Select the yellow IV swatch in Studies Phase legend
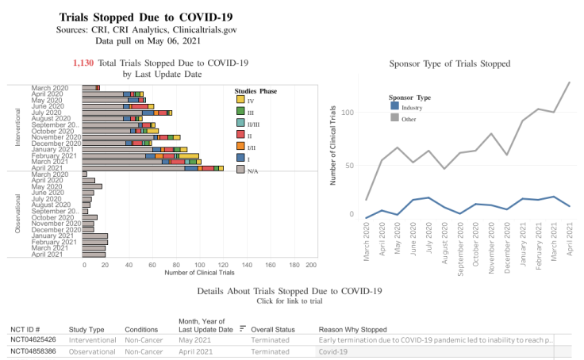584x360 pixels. click(x=240, y=99)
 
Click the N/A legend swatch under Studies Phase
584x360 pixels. click(x=240, y=170)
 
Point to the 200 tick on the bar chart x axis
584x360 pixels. click(x=311, y=265)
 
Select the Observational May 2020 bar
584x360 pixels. click(x=93, y=186)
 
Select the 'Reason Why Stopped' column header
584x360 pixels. click(x=352, y=329)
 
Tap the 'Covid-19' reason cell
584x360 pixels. click(x=334, y=350)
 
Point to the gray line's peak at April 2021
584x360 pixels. click(x=570, y=82)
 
